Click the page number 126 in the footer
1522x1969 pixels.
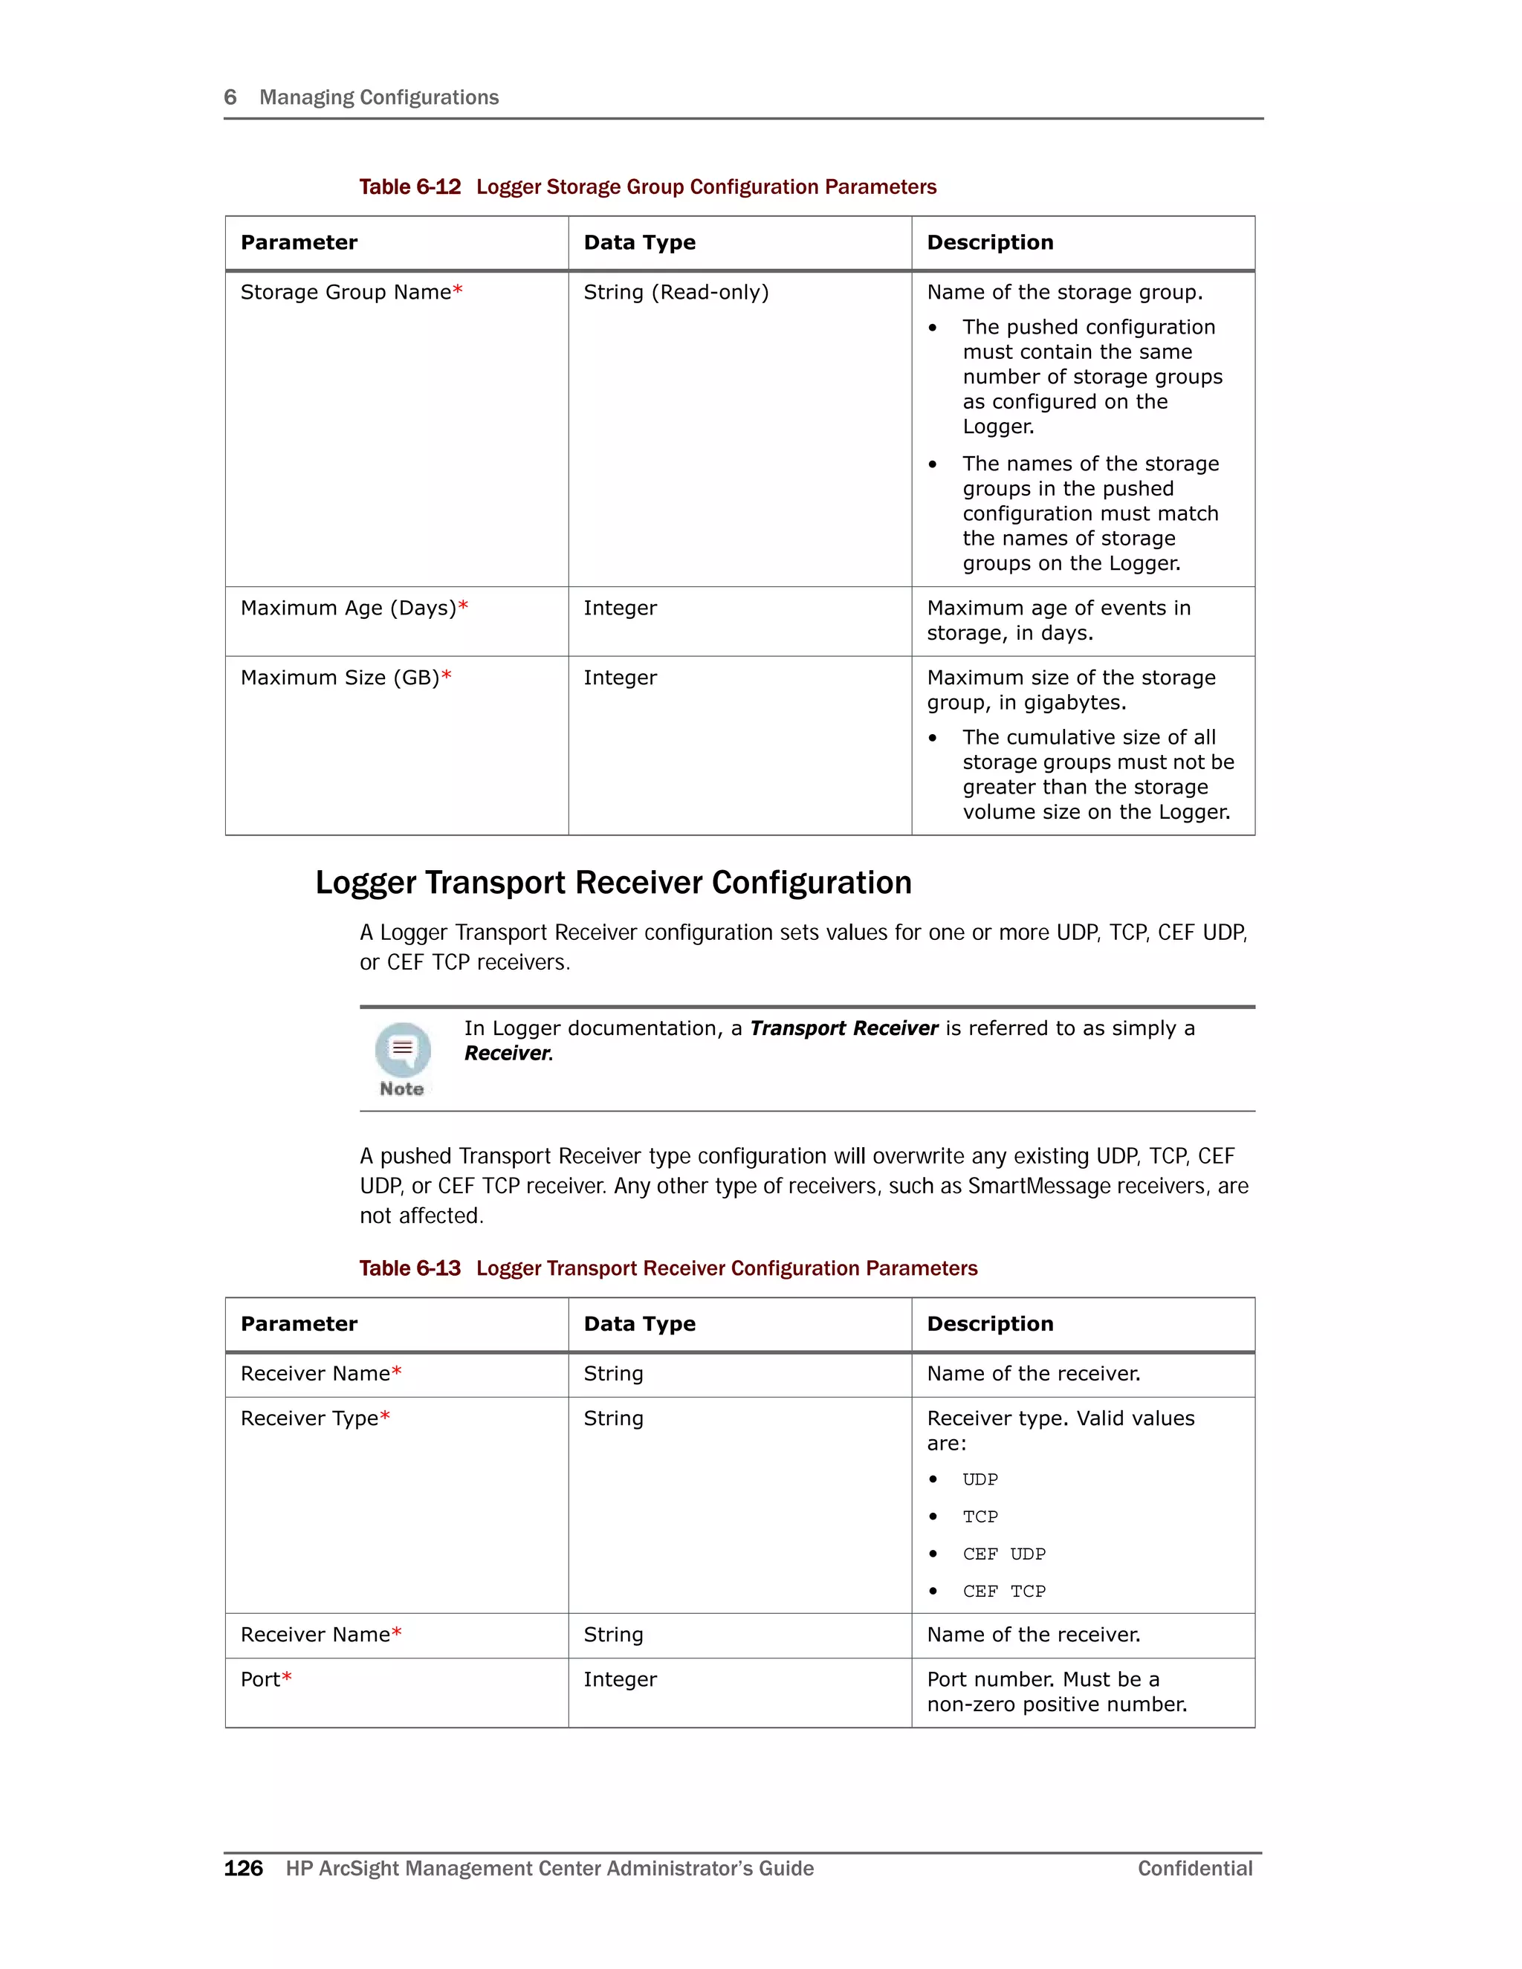point(244,1868)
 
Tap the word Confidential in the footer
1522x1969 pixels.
point(1195,1868)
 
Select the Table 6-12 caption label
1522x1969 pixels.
point(410,186)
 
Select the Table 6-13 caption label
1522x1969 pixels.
point(410,1268)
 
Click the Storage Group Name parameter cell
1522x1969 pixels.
point(352,292)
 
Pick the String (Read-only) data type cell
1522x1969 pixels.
point(676,292)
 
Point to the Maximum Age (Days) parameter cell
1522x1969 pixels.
point(354,609)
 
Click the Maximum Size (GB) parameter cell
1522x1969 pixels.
point(346,678)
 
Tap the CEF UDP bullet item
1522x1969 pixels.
point(1003,1554)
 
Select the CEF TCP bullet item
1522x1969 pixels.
point(1003,1592)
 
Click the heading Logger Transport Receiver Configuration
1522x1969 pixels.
point(613,882)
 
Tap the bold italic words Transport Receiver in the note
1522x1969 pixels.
point(844,1028)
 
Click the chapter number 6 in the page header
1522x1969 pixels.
point(230,97)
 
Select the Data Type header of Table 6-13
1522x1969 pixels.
point(639,1323)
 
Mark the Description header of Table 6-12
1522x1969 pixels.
point(990,242)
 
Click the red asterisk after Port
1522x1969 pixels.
point(287,1678)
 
